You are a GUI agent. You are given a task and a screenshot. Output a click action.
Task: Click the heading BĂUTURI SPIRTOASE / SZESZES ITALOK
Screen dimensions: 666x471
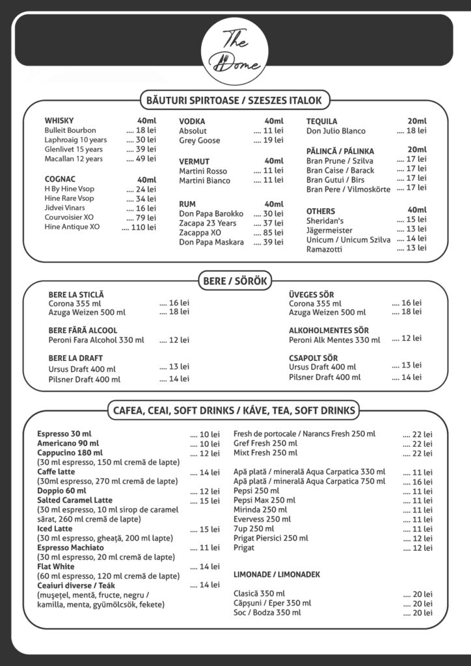point(235,100)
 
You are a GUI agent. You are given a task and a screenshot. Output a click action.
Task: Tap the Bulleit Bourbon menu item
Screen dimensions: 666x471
point(70,130)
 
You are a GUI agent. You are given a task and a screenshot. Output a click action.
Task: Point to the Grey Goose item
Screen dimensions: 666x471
point(199,140)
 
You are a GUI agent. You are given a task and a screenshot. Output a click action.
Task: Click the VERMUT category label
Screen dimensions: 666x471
point(195,161)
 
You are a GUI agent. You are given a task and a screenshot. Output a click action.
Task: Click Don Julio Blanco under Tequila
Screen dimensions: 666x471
point(336,131)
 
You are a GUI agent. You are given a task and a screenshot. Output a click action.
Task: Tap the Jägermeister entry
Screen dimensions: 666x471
point(329,230)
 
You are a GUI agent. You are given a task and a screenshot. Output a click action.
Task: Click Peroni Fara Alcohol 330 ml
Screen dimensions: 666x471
point(96,340)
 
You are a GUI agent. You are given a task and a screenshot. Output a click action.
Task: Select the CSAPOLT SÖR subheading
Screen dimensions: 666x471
point(313,358)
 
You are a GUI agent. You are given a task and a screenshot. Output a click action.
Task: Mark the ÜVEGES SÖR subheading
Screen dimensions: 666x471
point(311,295)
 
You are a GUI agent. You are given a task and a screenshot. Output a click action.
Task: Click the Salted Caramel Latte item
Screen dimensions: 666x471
point(75,500)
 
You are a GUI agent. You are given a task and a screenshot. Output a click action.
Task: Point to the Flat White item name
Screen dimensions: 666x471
point(56,566)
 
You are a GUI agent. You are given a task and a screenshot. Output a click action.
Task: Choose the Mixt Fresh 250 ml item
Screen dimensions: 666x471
point(265,453)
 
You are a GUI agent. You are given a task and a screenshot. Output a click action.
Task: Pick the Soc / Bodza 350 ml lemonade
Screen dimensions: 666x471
point(267,613)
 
